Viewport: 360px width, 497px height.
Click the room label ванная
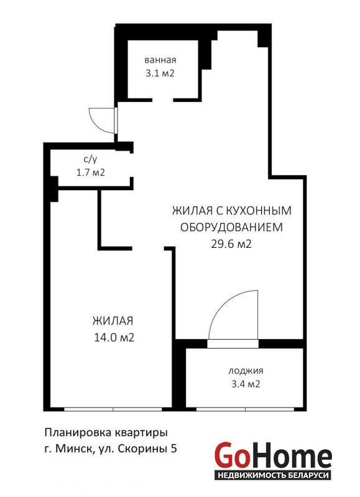coord(160,60)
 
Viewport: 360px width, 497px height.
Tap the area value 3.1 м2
coord(160,73)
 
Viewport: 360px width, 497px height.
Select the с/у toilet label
coord(90,160)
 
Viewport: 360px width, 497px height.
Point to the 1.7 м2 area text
coord(90,173)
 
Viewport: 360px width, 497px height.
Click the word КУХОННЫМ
coord(259,211)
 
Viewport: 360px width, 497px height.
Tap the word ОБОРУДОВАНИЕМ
coord(231,227)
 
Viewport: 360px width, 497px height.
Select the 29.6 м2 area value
coord(231,244)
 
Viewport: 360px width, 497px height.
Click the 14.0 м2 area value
coord(114,337)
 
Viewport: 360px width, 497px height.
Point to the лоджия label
coord(246,371)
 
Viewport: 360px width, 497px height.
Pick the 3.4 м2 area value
coord(246,384)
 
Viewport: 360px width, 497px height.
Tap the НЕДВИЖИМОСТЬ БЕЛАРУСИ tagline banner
coord(273,475)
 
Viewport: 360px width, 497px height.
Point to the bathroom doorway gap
coord(163,100)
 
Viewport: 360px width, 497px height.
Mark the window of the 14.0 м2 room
coord(113,409)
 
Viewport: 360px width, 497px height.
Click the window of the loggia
coord(246,409)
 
